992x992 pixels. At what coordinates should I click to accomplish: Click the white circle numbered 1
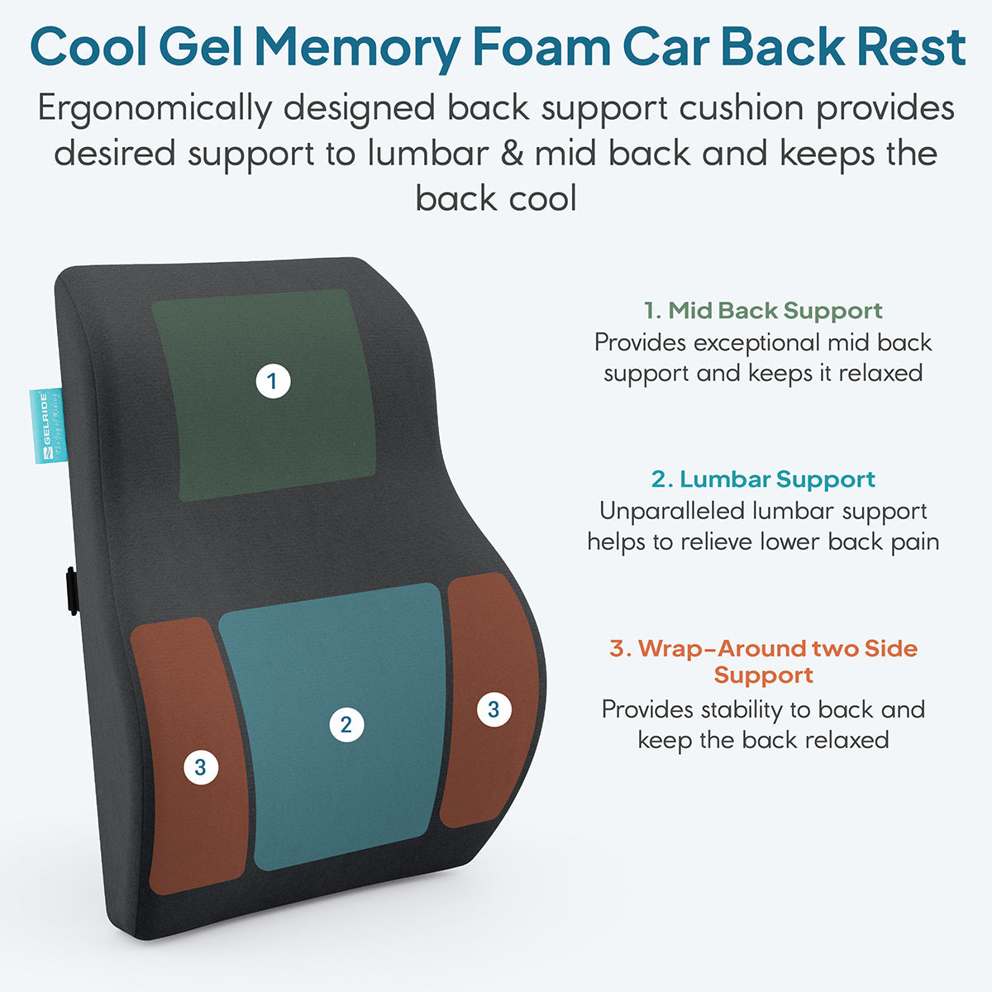(x=274, y=381)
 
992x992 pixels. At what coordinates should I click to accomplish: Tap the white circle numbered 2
(x=346, y=725)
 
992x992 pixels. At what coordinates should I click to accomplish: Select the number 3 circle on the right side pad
(x=494, y=709)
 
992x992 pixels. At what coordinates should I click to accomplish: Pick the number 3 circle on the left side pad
(x=201, y=767)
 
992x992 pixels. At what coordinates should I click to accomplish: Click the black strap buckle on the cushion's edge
(x=72, y=591)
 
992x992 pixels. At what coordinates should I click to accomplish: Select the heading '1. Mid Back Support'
(x=763, y=311)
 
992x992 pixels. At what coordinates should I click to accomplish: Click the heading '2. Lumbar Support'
(x=763, y=479)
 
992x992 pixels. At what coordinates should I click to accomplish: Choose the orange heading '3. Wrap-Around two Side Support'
(x=764, y=661)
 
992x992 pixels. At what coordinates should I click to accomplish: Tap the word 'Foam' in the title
(x=541, y=47)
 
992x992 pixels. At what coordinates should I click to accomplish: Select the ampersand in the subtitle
(x=512, y=154)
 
